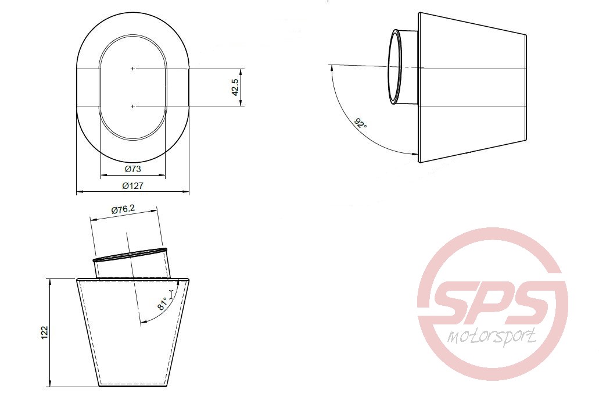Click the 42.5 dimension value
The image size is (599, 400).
click(x=235, y=87)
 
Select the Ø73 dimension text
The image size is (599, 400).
click(x=133, y=169)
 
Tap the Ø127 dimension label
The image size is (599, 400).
click(x=133, y=186)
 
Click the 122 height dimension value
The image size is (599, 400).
click(x=45, y=332)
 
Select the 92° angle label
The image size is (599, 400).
click(x=361, y=123)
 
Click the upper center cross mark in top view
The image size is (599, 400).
click(x=133, y=69)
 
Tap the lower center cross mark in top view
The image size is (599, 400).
click(x=133, y=106)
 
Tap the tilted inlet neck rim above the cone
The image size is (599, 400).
click(x=131, y=254)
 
